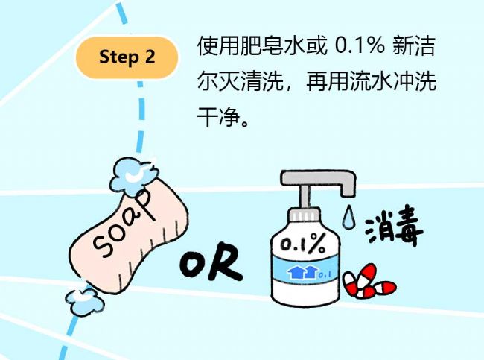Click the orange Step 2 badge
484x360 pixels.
tap(127, 57)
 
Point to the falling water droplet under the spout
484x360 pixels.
tap(348, 215)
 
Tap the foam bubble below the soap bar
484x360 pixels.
tap(84, 300)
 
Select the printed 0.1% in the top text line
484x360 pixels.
tap(360, 46)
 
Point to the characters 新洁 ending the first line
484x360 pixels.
tap(414, 46)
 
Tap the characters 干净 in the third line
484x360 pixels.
tap(218, 117)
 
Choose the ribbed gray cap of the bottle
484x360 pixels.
tap(304, 215)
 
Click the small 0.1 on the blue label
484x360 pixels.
tap(325, 274)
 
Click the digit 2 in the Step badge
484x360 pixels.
tap(150, 57)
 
